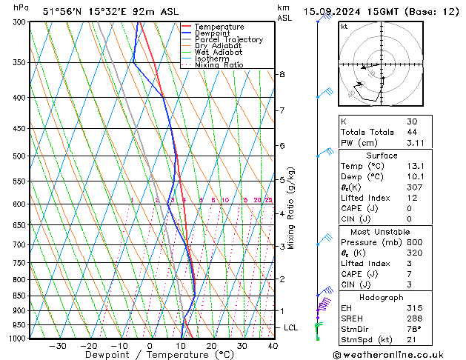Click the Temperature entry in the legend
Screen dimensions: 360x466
click(x=219, y=27)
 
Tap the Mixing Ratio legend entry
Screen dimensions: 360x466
click(x=219, y=65)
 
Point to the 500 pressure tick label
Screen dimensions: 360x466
click(x=19, y=156)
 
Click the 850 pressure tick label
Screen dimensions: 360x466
click(x=19, y=296)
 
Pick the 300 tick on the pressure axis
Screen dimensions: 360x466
click(x=19, y=22)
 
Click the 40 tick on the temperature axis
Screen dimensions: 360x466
click(x=273, y=346)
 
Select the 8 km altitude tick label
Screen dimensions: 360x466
click(x=282, y=75)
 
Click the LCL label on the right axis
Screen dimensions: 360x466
click(x=292, y=327)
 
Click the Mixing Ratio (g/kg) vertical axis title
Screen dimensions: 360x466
click(x=291, y=208)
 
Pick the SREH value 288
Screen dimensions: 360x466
click(x=413, y=317)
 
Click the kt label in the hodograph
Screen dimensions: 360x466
click(x=344, y=27)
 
